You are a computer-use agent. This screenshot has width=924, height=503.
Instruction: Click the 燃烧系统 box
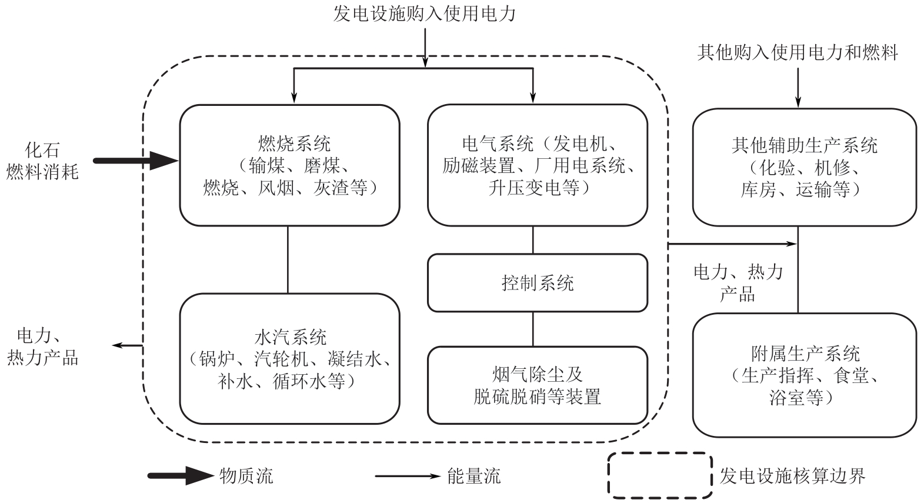(289, 165)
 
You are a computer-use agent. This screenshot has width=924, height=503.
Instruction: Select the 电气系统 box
(537, 165)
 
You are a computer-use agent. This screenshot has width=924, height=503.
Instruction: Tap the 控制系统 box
(537, 283)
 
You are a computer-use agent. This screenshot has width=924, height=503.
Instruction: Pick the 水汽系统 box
(289, 358)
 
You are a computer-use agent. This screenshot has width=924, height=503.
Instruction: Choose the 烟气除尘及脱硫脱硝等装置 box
(537, 385)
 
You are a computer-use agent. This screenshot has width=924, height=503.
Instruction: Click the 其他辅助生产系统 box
(804, 167)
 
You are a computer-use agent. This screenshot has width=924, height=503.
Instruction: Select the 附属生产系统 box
(804, 375)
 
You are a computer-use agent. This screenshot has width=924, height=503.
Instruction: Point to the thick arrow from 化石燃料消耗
(135, 160)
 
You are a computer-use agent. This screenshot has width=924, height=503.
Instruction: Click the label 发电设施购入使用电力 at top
(424, 13)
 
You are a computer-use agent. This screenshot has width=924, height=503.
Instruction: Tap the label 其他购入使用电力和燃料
(798, 53)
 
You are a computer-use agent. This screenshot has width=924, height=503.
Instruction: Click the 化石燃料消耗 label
(42, 161)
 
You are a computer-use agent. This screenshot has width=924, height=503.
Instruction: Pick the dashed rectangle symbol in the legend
(659, 475)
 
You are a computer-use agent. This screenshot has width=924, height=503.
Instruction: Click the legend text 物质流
(246, 475)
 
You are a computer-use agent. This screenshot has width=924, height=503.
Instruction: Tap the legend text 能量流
(473, 475)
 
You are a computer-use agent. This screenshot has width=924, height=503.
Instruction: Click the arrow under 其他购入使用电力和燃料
(798, 87)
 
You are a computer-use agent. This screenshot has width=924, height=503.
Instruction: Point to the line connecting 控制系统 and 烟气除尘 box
(533, 329)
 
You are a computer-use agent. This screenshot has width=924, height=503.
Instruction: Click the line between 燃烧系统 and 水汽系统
(288, 259)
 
